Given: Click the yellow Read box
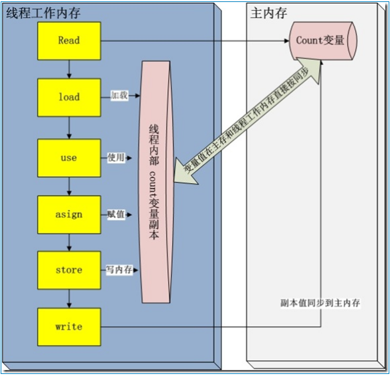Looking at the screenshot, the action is [x=70, y=41].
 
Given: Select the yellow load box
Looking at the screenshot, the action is [x=70, y=98].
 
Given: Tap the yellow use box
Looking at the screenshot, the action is [x=70, y=158].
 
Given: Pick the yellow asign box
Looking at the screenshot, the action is [x=70, y=215].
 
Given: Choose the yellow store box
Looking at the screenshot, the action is [x=70, y=270].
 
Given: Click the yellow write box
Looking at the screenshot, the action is [x=70, y=327].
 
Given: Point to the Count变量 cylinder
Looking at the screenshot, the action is [x=323, y=41].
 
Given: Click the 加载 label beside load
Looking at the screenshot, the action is [x=119, y=96].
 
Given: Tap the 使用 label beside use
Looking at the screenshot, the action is [x=116, y=158].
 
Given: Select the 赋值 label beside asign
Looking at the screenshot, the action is [x=116, y=215].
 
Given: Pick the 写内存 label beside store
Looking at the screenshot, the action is [x=119, y=270].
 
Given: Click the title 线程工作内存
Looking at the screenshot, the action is [x=43, y=13].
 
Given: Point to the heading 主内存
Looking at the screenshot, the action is [x=269, y=13].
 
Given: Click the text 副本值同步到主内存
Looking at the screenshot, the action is [x=320, y=303].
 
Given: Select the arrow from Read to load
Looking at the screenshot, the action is [x=70, y=70].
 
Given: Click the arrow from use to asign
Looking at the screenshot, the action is [x=70, y=186].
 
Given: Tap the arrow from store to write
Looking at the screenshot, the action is [x=70, y=298].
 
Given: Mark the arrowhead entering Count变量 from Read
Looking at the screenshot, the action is [x=287, y=41].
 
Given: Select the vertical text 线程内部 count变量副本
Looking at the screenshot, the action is [x=155, y=182].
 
